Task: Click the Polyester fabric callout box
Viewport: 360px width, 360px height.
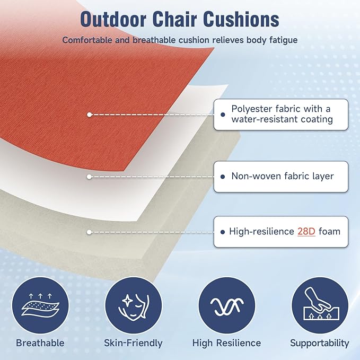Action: [x=281, y=114]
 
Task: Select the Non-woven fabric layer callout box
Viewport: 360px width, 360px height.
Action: [x=281, y=176]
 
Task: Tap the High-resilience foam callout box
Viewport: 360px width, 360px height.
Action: [x=281, y=231]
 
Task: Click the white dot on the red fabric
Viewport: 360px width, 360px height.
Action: [x=90, y=114]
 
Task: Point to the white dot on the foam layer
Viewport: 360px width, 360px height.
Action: [x=90, y=232]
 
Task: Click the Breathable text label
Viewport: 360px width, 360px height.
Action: [x=40, y=343]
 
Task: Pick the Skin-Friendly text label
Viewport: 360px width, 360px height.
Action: [x=133, y=343]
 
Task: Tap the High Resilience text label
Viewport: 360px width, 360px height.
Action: [x=226, y=343]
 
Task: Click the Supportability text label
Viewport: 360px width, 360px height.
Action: [x=320, y=343]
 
